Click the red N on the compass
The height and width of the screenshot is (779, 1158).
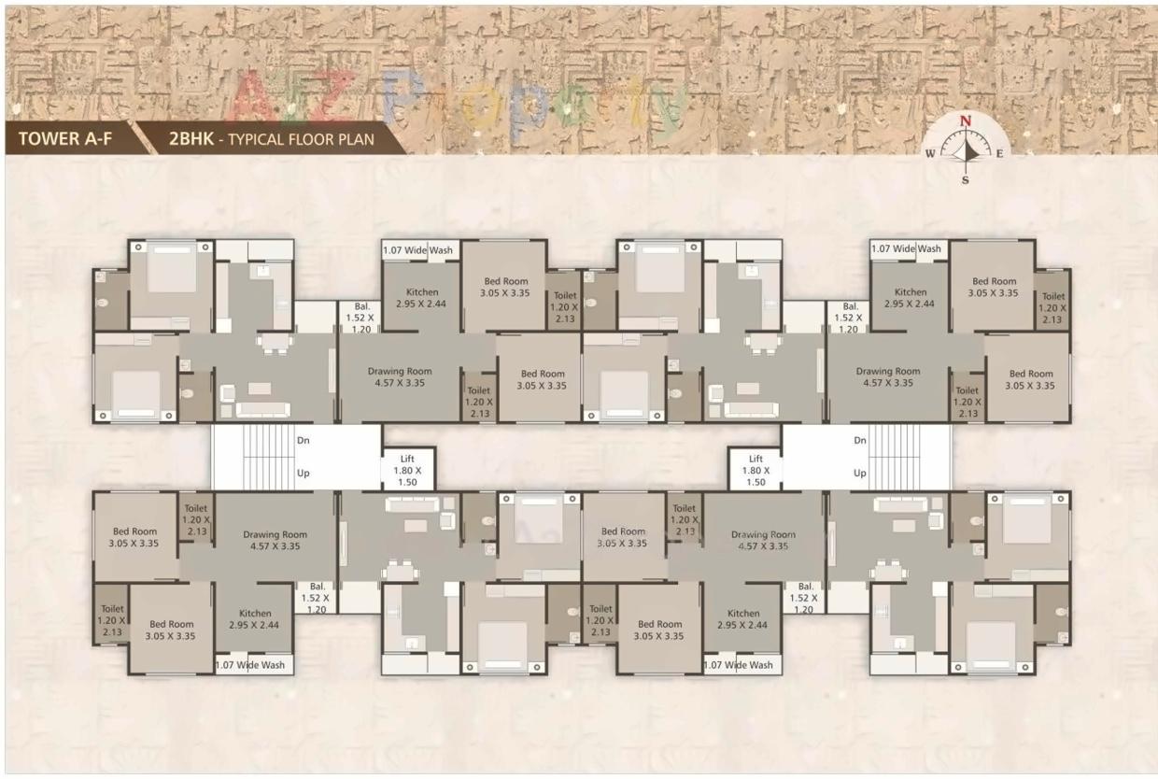coord(966,121)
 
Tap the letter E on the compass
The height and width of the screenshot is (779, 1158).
coord(998,154)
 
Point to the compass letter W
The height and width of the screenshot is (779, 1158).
coord(930,155)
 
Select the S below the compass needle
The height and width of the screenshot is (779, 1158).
coord(966,180)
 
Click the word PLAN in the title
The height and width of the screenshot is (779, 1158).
coord(356,141)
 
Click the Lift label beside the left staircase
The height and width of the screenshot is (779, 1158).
coord(408,460)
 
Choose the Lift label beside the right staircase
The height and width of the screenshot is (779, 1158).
coord(756,460)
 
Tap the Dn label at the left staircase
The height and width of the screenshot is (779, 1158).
coord(304,440)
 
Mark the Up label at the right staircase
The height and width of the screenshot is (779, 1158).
coord(859,474)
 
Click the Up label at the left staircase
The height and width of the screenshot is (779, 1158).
coord(304,474)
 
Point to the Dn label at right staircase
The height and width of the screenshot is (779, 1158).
coord(859,440)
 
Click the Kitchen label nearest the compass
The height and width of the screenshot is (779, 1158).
coord(911,292)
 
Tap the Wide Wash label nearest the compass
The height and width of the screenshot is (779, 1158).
coord(906,249)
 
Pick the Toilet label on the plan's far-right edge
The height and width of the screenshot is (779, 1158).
coord(1053,297)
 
